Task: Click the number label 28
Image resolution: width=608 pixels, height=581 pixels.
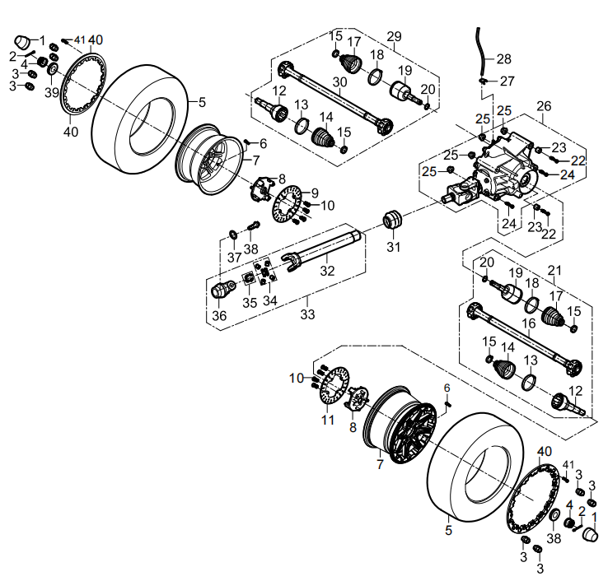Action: pyautogui.click(x=503, y=59)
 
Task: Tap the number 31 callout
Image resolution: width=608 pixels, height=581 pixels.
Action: pyautogui.click(x=393, y=248)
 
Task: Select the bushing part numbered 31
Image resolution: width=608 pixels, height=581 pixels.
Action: pyautogui.click(x=393, y=221)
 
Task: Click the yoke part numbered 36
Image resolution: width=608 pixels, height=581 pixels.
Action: pyautogui.click(x=220, y=289)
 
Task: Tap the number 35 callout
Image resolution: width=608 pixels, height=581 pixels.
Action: pyautogui.click(x=248, y=302)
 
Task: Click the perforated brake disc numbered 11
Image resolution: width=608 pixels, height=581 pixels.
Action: pyautogui.click(x=331, y=388)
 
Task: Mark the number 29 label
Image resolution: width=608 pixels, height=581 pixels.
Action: pyautogui.click(x=394, y=36)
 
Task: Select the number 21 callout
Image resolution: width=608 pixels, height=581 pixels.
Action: pyautogui.click(x=554, y=270)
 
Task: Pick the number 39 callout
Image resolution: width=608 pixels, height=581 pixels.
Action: pyautogui.click(x=52, y=93)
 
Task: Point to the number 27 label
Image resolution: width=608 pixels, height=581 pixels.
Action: pyautogui.click(x=507, y=81)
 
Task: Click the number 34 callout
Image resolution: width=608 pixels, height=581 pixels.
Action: pyautogui.click(x=269, y=302)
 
